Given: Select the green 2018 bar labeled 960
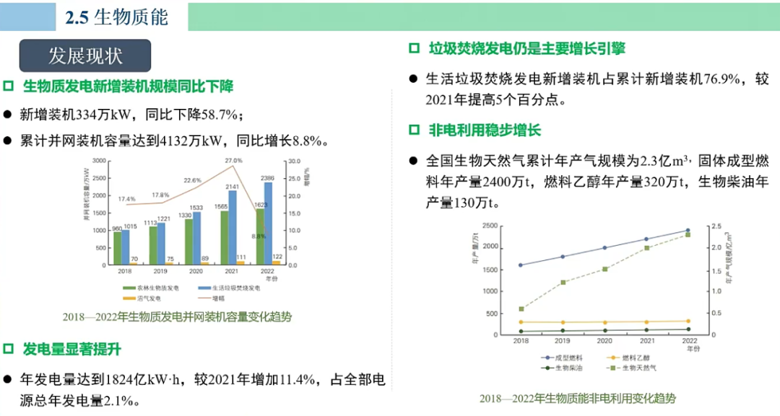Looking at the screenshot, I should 118,248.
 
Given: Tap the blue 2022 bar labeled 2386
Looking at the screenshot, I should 268,224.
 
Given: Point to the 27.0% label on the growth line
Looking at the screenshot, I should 233,160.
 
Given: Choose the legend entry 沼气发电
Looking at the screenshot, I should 144,298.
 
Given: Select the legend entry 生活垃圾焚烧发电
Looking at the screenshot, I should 235,288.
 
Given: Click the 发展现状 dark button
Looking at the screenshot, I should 85,55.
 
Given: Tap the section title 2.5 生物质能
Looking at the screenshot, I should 116,17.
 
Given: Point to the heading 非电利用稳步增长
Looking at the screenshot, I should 485,130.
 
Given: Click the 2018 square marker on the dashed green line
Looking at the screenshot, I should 521,309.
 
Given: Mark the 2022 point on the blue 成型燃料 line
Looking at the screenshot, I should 687,231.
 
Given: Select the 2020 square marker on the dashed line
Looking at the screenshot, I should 604,269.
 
